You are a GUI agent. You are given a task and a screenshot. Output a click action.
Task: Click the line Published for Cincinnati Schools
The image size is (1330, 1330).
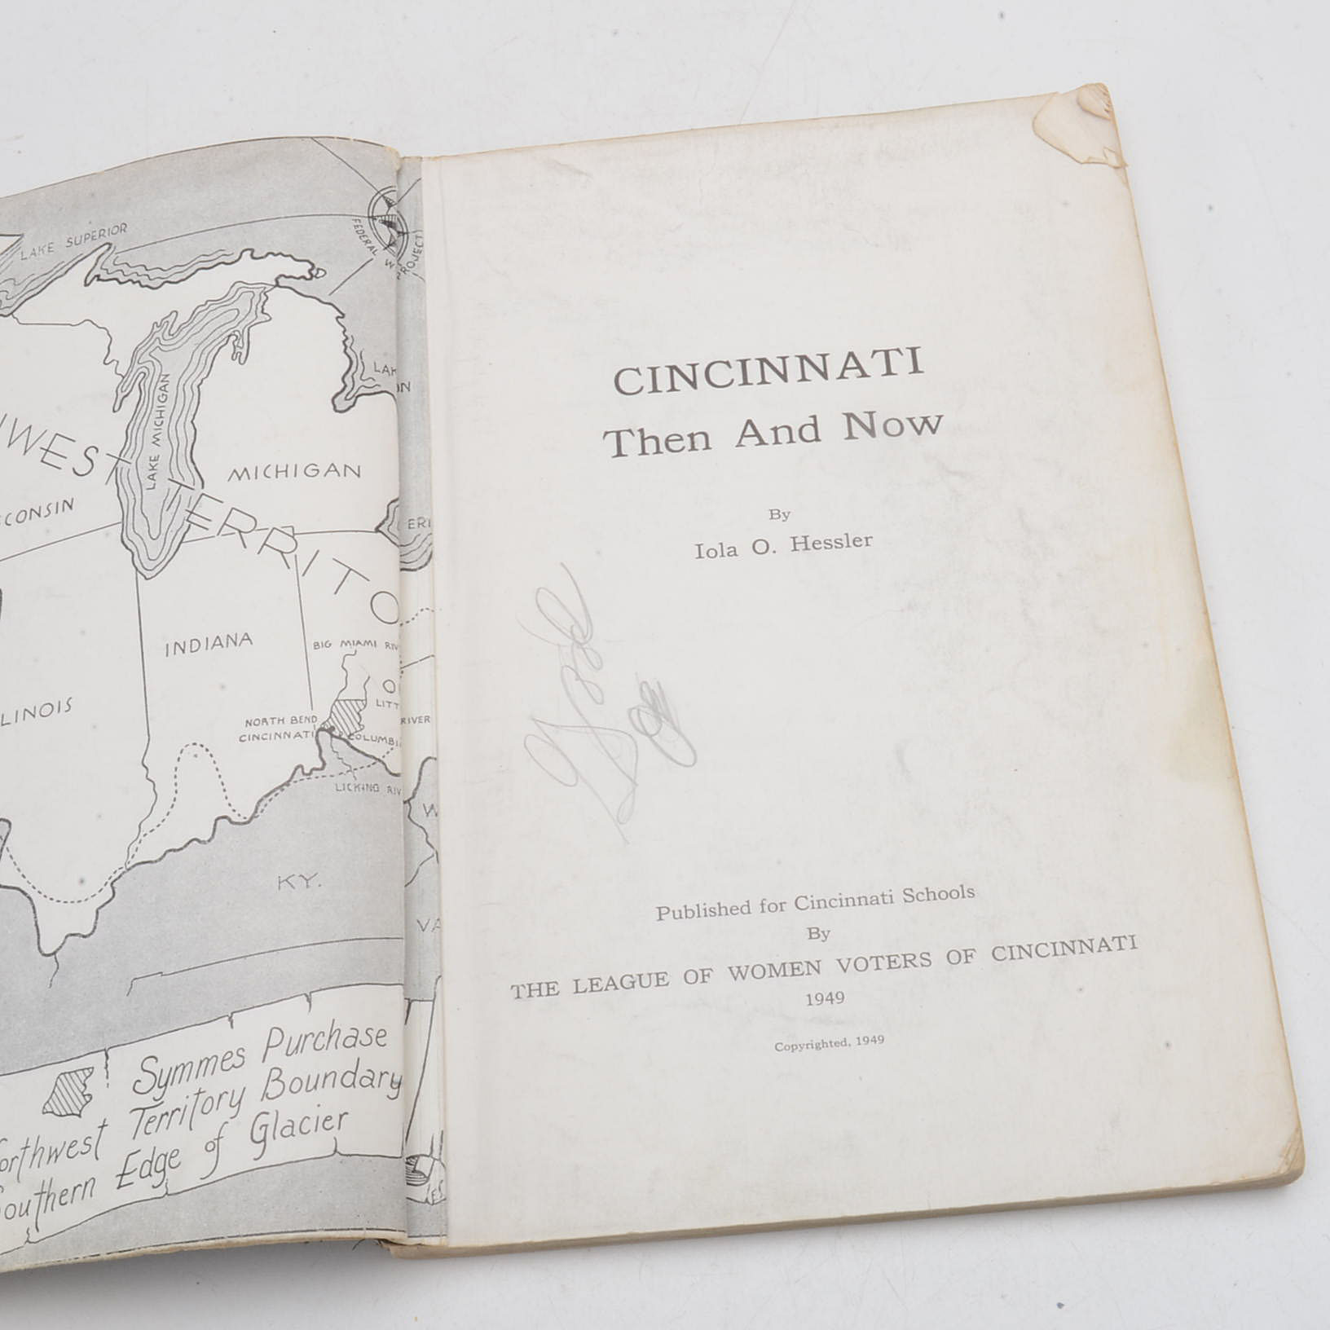[815, 902]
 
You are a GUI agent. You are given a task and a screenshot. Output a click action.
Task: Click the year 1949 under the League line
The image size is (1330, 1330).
[825, 998]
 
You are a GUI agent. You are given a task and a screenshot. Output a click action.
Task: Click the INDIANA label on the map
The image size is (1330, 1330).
[209, 645]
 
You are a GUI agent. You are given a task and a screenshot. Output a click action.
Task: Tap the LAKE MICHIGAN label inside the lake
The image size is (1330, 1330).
[161, 431]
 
